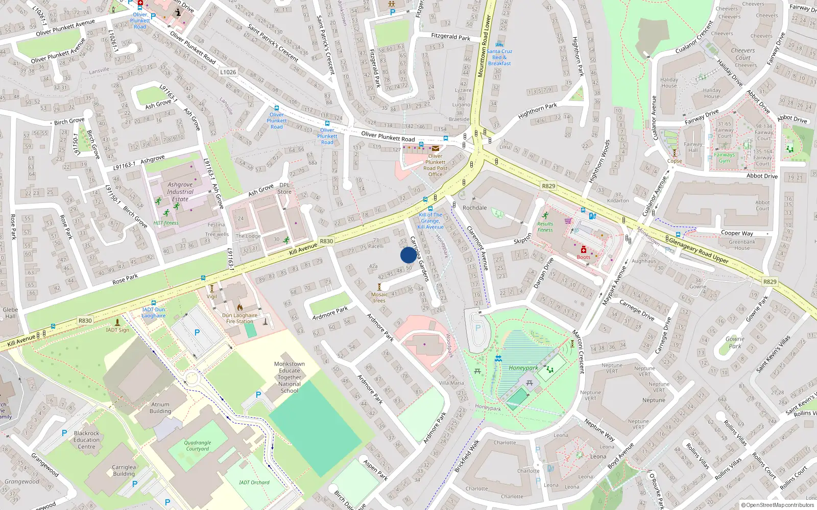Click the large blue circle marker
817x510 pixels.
pyautogui.click(x=408, y=255)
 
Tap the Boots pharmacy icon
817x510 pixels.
pyautogui.click(x=583, y=250)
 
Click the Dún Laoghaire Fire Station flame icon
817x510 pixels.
pyautogui.click(x=239, y=308)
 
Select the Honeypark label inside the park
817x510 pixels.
pyautogui.click(x=523, y=368)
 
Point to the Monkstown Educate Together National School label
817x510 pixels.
pyautogui.click(x=289, y=377)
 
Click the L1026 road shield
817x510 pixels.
pyautogui.click(x=228, y=72)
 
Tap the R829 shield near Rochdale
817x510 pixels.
pyautogui.click(x=548, y=186)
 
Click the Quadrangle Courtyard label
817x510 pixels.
pyautogui.click(x=198, y=446)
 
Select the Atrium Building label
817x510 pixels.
pyautogui.click(x=160, y=407)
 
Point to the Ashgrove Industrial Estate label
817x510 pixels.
pyautogui.click(x=180, y=192)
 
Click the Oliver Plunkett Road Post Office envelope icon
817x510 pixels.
pyautogui.click(x=436, y=148)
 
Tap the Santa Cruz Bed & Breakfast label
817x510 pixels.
pyautogui.click(x=499, y=57)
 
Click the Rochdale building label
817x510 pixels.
pyautogui.click(x=474, y=208)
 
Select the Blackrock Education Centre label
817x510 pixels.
pyautogui.click(x=86, y=440)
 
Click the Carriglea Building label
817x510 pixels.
pyautogui.click(x=124, y=470)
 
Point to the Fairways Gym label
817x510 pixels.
pyautogui.click(x=725, y=158)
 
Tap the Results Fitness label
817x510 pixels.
pyautogui.click(x=545, y=226)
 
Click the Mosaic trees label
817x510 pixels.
pyautogui.click(x=379, y=297)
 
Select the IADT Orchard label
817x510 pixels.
pyautogui.click(x=254, y=482)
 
